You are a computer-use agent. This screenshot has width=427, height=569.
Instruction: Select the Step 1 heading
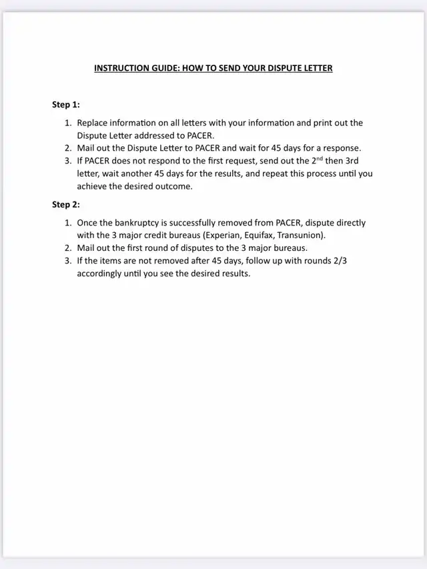66,105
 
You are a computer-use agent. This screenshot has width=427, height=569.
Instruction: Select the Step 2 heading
66,205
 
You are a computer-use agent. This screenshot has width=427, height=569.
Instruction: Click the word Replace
93,123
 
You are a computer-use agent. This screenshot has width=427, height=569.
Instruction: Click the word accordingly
102,273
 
